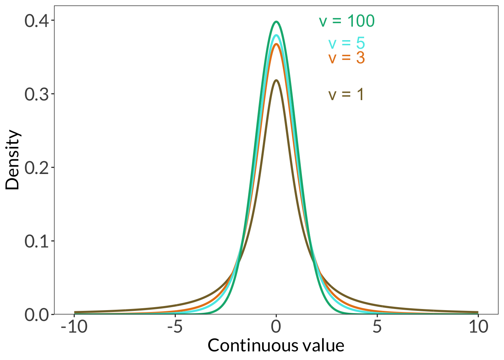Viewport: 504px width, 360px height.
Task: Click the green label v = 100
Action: [x=346, y=21]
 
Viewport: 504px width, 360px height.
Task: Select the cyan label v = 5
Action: [x=346, y=43]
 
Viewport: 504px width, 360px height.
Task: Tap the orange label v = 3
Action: [x=346, y=58]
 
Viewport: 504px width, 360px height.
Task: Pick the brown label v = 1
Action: [x=346, y=94]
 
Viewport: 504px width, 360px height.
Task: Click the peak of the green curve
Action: [x=276, y=22]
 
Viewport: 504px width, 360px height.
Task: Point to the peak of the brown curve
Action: [x=276, y=80]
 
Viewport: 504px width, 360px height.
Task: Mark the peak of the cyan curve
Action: [x=276, y=36]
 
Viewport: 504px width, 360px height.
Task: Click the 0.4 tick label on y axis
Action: [x=37, y=20]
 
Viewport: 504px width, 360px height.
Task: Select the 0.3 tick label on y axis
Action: [x=37, y=94]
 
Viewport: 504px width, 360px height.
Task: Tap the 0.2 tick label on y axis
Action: [x=37, y=167]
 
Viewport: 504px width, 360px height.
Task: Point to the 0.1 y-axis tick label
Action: [x=37, y=241]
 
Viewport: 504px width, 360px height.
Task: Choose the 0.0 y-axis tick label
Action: [x=37, y=314]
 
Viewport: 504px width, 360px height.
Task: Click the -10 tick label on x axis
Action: [x=74, y=327]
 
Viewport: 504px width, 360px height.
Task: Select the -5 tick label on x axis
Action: [x=175, y=327]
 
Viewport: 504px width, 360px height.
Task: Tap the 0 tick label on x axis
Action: [x=276, y=327]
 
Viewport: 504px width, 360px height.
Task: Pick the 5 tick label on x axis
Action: [x=377, y=327]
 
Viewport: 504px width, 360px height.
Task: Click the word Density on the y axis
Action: [x=13, y=160]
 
